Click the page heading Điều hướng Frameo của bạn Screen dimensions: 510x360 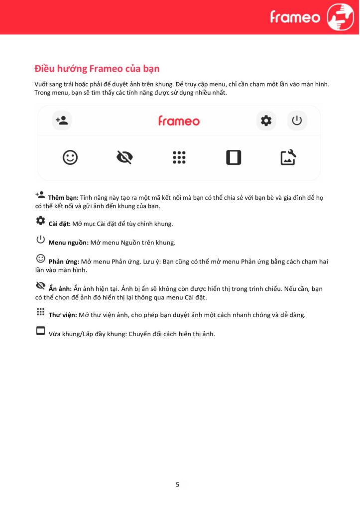tap(97, 68)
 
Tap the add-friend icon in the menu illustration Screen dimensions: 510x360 tap(62, 121)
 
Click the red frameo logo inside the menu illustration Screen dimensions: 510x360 tap(179, 121)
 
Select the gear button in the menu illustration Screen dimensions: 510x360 tap(266, 121)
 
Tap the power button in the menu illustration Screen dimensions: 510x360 tap(297, 121)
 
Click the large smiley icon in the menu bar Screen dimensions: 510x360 tap(70, 157)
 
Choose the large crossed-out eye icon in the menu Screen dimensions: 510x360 tap(124, 157)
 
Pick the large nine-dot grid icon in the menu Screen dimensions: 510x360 tap(179, 157)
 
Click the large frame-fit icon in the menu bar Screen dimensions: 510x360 tap(234, 157)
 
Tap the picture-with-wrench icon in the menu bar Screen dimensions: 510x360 tap(288, 157)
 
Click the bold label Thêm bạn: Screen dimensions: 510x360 tap(63, 198)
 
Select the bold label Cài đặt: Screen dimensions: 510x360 tap(59, 224)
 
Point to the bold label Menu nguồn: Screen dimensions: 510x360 tap(68, 243)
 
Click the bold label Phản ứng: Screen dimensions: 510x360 tap(64, 261)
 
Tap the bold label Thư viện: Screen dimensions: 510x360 tap(64, 315)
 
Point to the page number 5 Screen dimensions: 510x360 tap(178, 484)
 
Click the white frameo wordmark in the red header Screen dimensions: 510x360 tap(295, 17)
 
